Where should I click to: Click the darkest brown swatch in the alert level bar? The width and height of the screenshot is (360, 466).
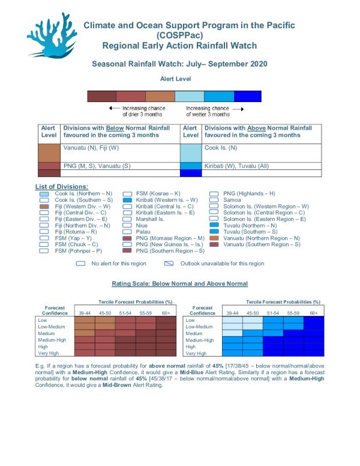coord(101,96)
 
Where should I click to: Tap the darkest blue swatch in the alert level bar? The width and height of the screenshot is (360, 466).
coord(247,96)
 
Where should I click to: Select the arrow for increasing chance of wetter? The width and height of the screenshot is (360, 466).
coord(238,108)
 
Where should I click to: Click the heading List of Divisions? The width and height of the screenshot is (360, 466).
coord(62,187)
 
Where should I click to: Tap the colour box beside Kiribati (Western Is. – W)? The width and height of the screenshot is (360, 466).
coord(127,199)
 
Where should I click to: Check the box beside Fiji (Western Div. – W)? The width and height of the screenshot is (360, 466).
coord(44,206)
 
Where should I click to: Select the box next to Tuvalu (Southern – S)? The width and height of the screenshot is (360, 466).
coord(214,231)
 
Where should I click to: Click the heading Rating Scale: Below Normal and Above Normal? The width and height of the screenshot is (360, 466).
coord(179,283)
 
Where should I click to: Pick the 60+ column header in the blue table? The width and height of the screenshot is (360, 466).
coord(313,312)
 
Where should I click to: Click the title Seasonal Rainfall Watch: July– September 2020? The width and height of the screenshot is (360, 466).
coord(179,63)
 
